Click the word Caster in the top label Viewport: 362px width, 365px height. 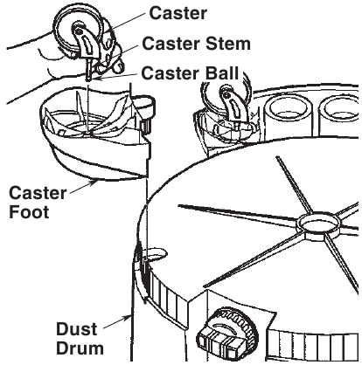point(178,14)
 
